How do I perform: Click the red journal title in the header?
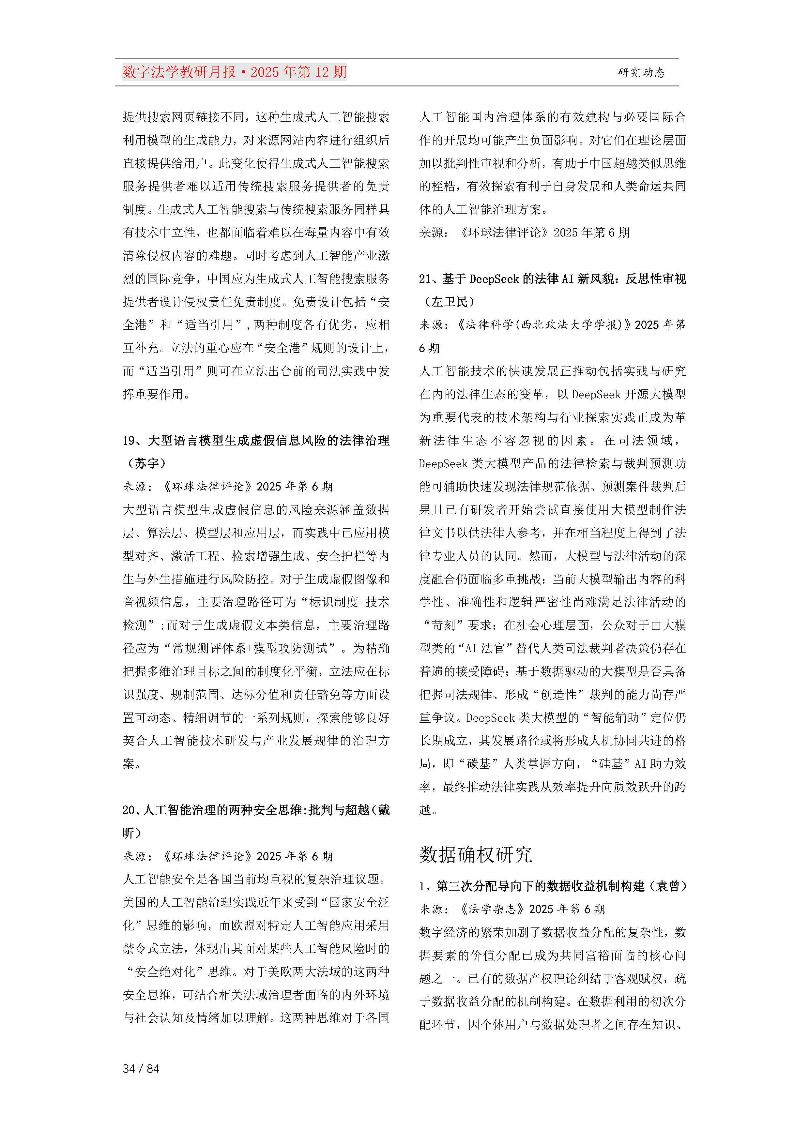point(234,72)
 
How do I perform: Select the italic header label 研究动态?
point(641,73)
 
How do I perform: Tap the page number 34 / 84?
point(141,1068)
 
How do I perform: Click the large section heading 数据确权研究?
point(476,854)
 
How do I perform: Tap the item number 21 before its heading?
point(425,279)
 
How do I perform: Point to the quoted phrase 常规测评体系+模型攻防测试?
point(251,648)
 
